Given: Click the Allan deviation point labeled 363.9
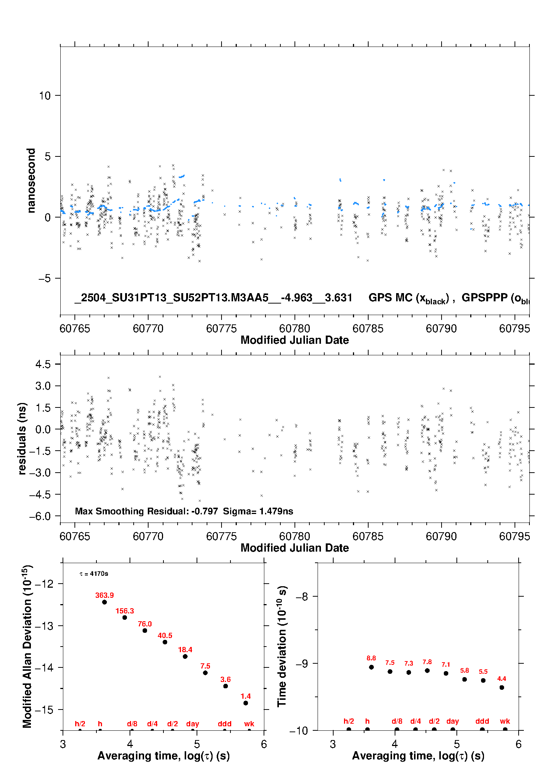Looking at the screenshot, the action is click(x=105, y=602).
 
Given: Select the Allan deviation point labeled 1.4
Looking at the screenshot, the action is click(x=246, y=703).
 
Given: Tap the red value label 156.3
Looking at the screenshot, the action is click(x=125, y=611).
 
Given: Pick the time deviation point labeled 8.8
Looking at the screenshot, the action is click(x=371, y=667).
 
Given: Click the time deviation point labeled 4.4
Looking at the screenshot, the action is click(x=502, y=687).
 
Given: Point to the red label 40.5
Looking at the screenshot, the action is click(x=165, y=635).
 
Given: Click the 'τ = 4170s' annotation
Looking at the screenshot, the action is click(x=94, y=574).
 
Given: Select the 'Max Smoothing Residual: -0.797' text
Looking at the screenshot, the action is click(x=146, y=511).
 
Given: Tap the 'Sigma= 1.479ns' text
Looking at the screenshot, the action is click(x=258, y=511).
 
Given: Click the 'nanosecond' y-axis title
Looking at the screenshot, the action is click(x=31, y=181).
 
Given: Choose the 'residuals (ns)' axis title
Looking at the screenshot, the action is click(x=22, y=438).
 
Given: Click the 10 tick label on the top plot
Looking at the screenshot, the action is click(x=45, y=96).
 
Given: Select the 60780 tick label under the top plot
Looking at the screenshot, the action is click(x=294, y=328).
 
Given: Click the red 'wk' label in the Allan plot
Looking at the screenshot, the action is click(x=249, y=724).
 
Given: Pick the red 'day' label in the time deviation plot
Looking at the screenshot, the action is click(x=453, y=721).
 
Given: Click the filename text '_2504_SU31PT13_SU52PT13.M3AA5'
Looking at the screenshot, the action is click(x=172, y=298).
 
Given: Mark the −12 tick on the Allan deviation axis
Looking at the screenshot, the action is click(x=44, y=584).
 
